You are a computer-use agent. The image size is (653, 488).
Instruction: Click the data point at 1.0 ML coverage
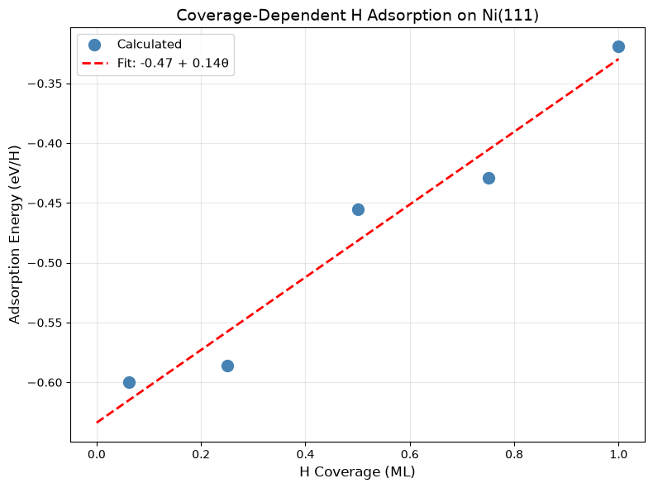[618, 46]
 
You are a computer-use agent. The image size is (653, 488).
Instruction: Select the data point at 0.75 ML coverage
[489, 179]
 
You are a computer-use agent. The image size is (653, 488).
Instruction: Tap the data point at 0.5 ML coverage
[358, 209]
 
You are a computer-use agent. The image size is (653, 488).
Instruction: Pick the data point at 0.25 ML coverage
[227, 366]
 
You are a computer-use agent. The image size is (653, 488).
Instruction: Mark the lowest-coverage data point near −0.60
[129, 383]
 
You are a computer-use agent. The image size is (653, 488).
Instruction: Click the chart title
[357, 16]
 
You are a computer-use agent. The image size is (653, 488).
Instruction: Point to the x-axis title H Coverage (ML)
[357, 471]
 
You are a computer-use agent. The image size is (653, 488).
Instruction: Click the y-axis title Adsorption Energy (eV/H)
[15, 235]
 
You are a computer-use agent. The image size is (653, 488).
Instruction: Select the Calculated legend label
[149, 44]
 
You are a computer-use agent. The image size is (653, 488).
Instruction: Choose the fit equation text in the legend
[173, 63]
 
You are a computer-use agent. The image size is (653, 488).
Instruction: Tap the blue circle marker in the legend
[94, 45]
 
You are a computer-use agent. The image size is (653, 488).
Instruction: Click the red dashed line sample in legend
[95, 64]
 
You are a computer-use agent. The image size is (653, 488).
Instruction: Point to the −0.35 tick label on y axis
[45, 84]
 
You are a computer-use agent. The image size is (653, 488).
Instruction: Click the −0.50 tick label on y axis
[45, 263]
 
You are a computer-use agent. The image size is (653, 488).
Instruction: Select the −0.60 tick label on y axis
[45, 383]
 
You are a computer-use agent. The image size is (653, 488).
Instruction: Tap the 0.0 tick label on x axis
[97, 454]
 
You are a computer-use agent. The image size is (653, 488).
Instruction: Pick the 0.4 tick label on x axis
[305, 454]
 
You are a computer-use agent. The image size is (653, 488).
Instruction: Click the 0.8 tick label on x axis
[514, 454]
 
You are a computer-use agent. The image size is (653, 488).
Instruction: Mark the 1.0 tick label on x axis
[618, 454]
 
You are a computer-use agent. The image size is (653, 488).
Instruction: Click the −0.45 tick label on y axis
[45, 203]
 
